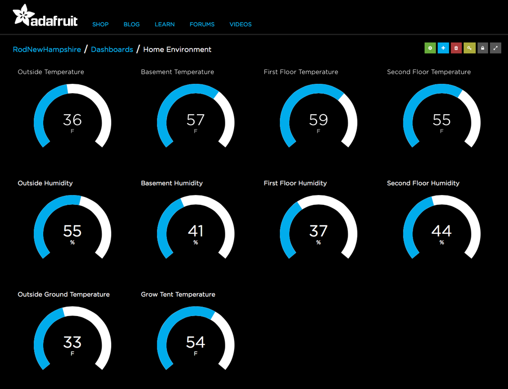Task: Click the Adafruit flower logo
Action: point(24,15)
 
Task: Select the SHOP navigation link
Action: point(100,24)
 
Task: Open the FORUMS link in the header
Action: point(202,24)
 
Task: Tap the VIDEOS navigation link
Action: point(241,24)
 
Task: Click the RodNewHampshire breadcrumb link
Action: point(47,49)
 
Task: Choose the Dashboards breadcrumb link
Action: point(112,49)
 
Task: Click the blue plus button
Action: point(443,48)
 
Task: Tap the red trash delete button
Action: point(456,48)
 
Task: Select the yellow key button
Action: point(469,48)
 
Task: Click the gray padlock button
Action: point(482,48)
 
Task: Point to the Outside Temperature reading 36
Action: point(72,120)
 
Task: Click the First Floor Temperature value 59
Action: point(318,120)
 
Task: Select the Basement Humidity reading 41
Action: point(195,231)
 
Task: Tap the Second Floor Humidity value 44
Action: point(442,231)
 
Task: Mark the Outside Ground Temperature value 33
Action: point(72,342)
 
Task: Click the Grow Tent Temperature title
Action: point(178,294)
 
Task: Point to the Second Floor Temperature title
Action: point(429,72)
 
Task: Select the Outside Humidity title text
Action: point(45,183)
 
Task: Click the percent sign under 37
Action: point(318,243)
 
